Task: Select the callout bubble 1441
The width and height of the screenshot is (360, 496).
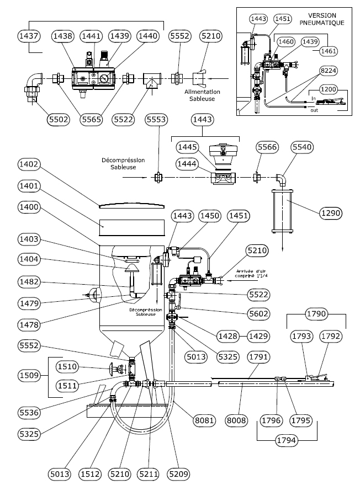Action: [x=90, y=35]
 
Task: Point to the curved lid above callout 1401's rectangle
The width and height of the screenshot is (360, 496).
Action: [x=131, y=205]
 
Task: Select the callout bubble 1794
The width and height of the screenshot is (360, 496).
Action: [x=288, y=441]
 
